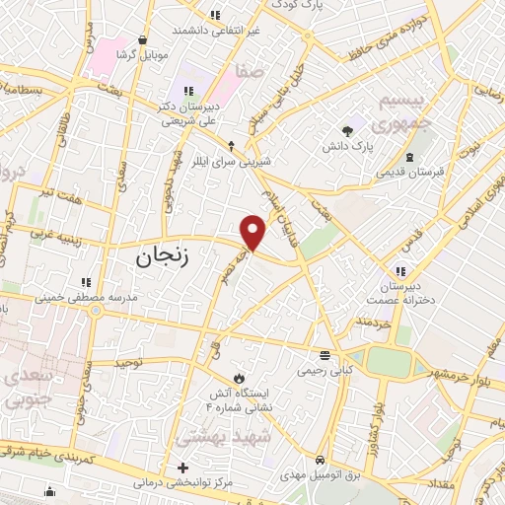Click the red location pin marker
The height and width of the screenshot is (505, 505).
tap(253, 233)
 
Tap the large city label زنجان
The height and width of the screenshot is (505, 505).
tap(156, 258)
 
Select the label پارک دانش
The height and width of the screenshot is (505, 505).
tap(346, 147)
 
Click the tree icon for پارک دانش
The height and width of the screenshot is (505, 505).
tap(346, 130)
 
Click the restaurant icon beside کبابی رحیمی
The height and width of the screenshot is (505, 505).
tap(325, 355)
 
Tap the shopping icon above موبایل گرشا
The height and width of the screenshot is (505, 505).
tap(144, 39)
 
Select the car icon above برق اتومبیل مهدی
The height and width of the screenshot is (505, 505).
tap(321, 461)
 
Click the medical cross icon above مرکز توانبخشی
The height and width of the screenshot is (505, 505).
tap(183, 468)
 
